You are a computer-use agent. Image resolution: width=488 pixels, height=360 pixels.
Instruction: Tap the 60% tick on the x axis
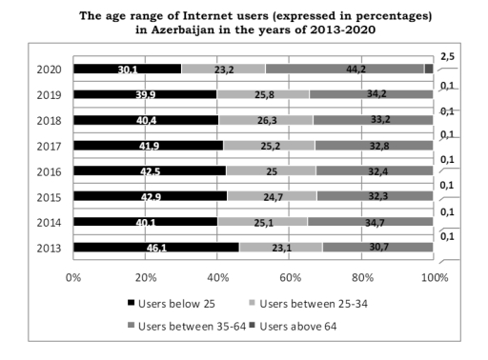(x=289, y=277)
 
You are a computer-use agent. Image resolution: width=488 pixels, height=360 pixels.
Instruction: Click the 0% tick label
(x=71, y=277)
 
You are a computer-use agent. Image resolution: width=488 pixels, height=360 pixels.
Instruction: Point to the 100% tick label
(x=434, y=277)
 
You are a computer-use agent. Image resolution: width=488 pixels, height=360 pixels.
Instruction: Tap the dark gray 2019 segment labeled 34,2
(x=372, y=94)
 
